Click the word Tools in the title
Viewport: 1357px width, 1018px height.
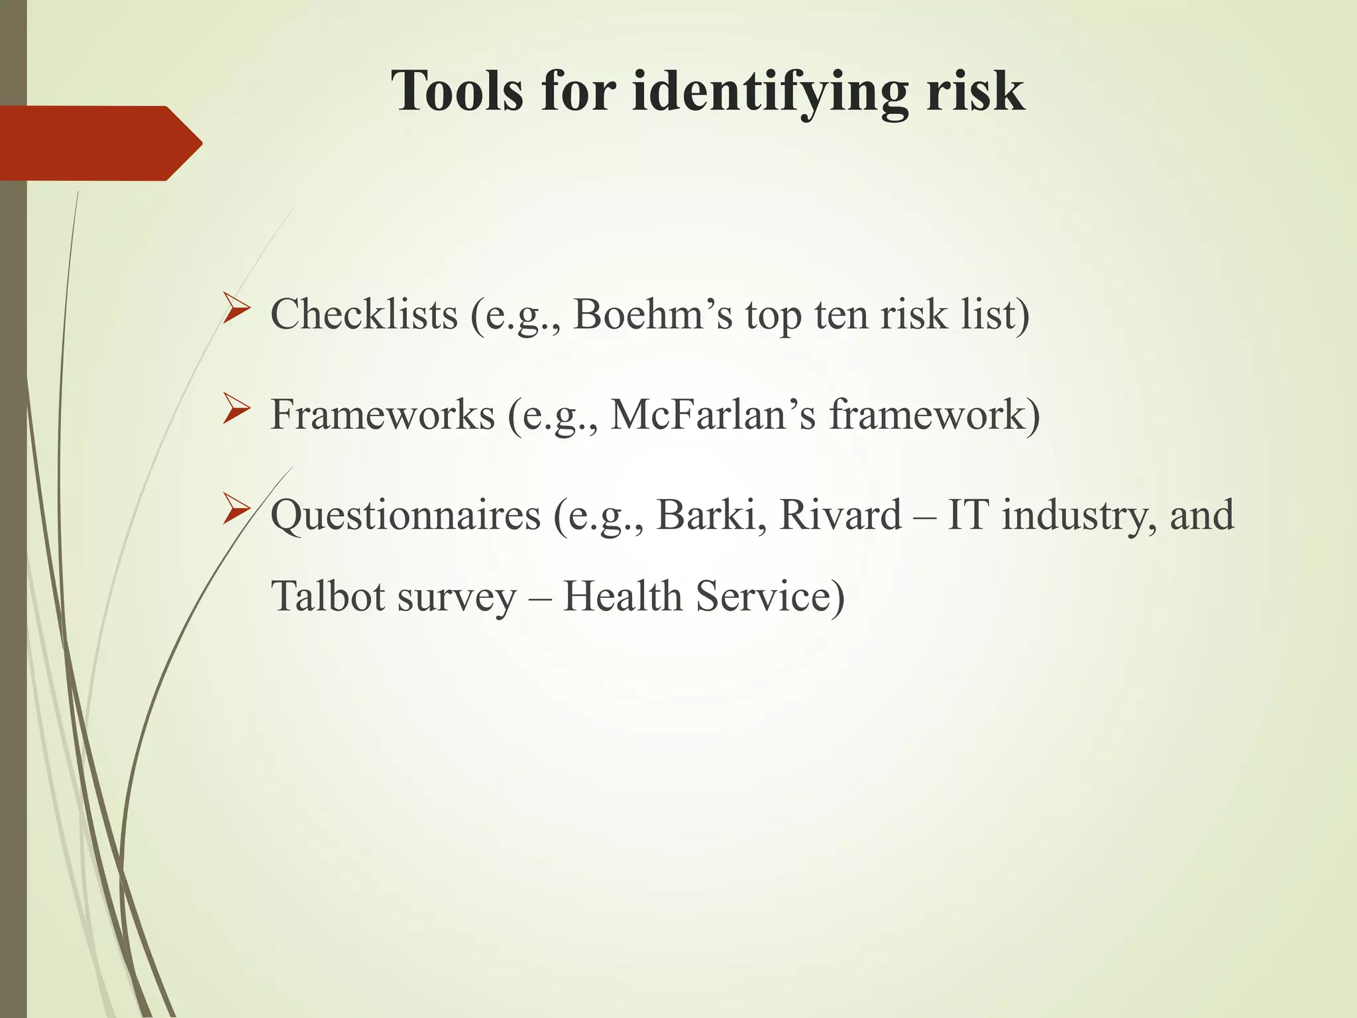click(x=457, y=91)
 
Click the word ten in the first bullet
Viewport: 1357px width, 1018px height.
click(x=841, y=315)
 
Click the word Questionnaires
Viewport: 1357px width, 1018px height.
click(x=406, y=516)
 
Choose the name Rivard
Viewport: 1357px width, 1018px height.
click(x=840, y=515)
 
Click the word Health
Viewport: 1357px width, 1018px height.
click(x=622, y=596)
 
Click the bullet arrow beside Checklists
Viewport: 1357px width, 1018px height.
click(x=237, y=308)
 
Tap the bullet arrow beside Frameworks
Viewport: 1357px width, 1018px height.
click(x=237, y=409)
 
